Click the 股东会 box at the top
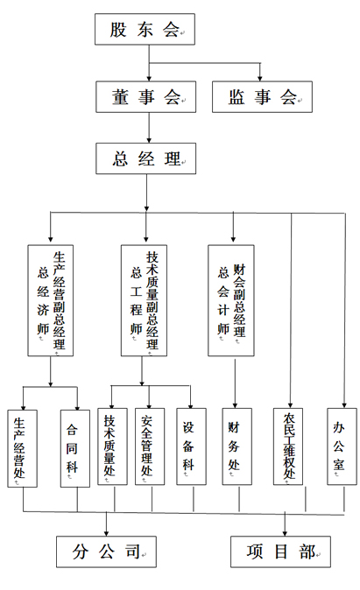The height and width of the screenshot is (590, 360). pyautogui.click(x=144, y=29)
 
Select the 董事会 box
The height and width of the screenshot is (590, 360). pyautogui.click(x=150, y=96)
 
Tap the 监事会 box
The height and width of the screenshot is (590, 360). pyautogui.click(x=261, y=96)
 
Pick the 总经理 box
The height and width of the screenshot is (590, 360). pyautogui.click(x=146, y=158)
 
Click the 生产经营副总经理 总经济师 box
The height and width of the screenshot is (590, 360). pyautogui.click(x=51, y=299)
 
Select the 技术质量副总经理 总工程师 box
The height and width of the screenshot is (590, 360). pyautogui.click(x=143, y=299)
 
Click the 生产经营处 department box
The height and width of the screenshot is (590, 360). pyautogui.click(x=21, y=447)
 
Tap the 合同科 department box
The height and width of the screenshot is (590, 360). pyautogui.click(x=74, y=447)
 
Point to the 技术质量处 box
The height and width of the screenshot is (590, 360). pyautogui.click(x=110, y=447)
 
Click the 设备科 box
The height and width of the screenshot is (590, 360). pyautogui.click(x=190, y=447)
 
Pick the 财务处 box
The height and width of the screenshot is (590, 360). pyautogui.click(x=235, y=447)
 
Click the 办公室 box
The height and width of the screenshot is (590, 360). pyautogui.click(x=341, y=447)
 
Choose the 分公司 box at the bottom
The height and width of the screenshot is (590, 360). pyautogui.click(x=107, y=551)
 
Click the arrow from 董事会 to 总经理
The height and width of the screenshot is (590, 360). pyautogui.click(x=150, y=127)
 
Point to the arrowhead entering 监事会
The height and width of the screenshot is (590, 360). pyautogui.click(x=259, y=75)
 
